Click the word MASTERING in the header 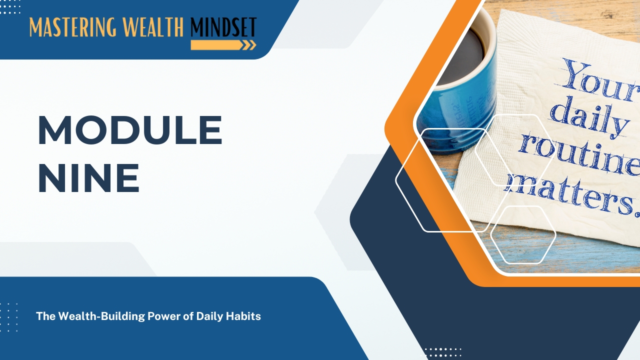73,27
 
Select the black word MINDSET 223,27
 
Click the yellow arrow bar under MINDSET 216,45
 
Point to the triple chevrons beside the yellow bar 249,45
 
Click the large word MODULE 130,130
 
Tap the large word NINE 89,178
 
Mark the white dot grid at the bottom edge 442,352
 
